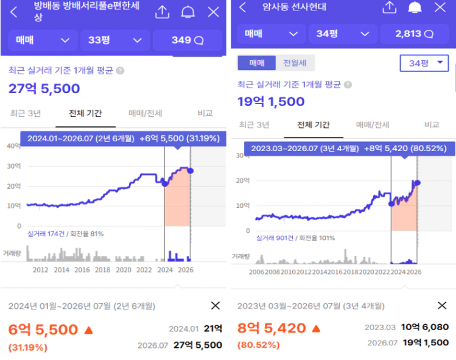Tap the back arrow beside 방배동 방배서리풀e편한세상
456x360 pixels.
click(x=13, y=12)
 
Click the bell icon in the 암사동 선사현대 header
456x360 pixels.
click(x=415, y=7)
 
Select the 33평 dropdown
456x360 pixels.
click(x=115, y=40)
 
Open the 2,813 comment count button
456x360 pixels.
click(x=415, y=34)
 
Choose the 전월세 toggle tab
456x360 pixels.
click(x=295, y=63)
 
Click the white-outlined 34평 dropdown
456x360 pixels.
click(x=424, y=63)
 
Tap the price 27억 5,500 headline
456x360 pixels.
click(x=44, y=88)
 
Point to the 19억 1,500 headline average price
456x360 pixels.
click(x=271, y=102)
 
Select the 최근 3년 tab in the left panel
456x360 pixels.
click(x=26, y=113)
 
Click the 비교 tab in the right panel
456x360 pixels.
click(x=432, y=124)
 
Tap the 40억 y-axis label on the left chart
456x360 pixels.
click(x=13, y=146)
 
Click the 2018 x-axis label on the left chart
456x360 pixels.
click(x=103, y=270)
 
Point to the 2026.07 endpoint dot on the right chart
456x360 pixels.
click(x=417, y=183)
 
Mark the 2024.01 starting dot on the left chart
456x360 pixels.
click(x=165, y=183)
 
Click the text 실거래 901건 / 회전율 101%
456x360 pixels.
click(x=295, y=238)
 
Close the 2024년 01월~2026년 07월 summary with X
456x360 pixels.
click(x=215, y=306)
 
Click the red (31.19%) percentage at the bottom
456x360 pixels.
click(x=27, y=347)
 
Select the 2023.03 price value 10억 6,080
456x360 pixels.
click(x=424, y=327)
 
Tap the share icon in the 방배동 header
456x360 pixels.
click(x=163, y=12)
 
